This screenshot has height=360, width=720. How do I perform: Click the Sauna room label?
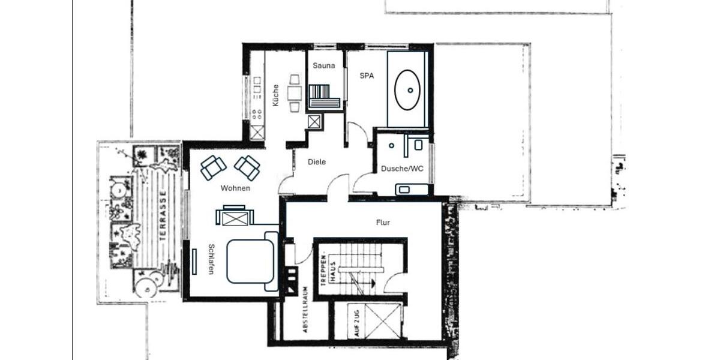click(x=324, y=65)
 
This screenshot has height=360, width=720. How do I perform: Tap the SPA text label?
click(x=366, y=76)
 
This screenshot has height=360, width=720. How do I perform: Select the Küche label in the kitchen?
click(x=275, y=95)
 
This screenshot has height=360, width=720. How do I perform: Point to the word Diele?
click(x=317, y=162)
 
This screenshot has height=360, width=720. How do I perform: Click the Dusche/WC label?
click(x=402, y=169)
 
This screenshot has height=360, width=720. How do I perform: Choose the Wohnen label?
click(x=235, y=188)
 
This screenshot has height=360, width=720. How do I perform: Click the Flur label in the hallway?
click(x=383, y=223)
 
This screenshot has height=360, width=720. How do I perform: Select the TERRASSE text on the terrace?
click(x=163, y=217)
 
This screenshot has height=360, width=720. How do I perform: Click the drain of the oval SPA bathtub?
click(x=410, y=90)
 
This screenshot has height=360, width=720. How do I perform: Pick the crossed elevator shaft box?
click(x=383, y=322)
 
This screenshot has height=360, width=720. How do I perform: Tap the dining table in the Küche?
click(x=295, y=93)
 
